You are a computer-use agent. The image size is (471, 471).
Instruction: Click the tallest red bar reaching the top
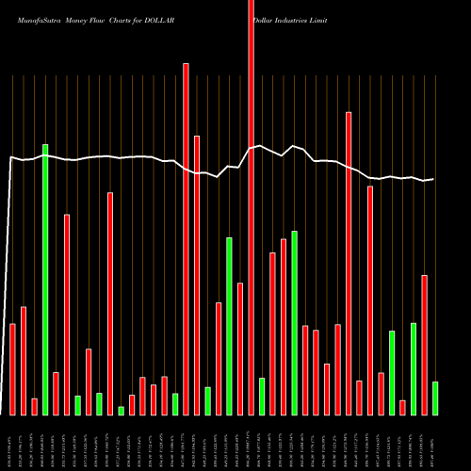251,207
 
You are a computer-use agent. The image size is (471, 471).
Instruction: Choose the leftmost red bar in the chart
12,368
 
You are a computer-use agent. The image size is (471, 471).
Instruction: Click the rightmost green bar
435,398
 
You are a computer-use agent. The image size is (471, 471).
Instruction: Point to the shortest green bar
121,410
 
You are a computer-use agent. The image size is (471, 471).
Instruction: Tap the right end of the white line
433,179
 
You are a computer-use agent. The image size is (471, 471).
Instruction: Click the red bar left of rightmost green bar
424,345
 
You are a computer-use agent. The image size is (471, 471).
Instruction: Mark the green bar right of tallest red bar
262,396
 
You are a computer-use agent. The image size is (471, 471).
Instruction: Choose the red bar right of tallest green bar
56,393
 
